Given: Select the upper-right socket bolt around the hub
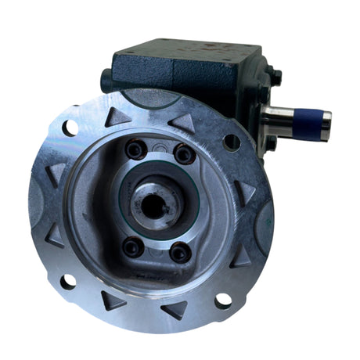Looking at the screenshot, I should [185, 153].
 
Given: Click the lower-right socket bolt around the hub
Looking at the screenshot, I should [180, 252].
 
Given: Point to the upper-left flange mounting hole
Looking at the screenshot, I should [70, 126].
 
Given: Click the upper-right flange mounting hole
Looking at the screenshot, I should [232, 142].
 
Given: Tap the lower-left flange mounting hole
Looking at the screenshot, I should [69, 281].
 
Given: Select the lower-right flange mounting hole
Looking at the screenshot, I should [223, 300].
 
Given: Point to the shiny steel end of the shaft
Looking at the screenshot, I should [282, 121].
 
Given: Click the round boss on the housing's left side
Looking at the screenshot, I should [106, 80].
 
